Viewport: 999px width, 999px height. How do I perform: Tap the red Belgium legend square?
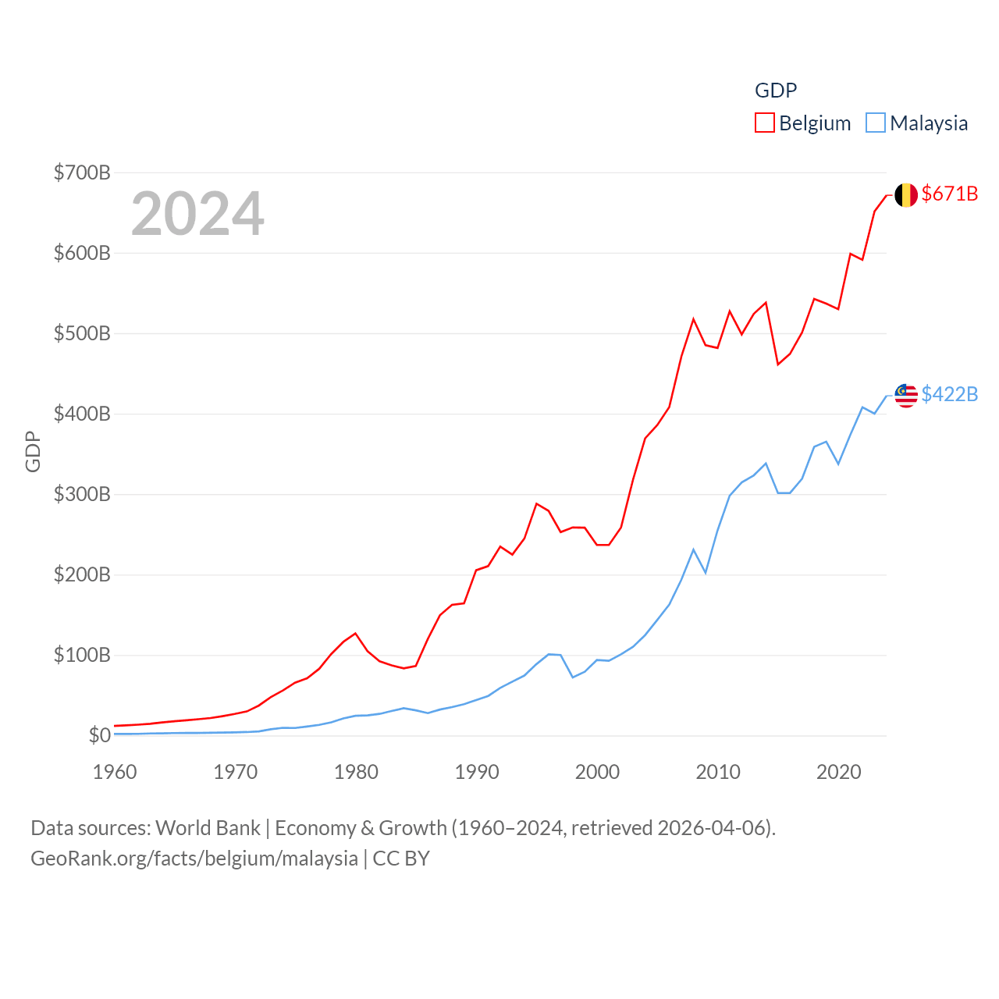click(x=765, y=123)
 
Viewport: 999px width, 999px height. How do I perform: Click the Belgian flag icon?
click(x=905, y=195)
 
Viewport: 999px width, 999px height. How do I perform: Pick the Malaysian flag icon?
click(x=905, y=396)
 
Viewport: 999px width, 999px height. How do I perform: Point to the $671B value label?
click(x=949, y=194)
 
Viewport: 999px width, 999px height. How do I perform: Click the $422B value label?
click(x=949, y=394)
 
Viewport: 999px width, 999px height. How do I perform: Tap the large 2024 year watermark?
click(x=197, y=214)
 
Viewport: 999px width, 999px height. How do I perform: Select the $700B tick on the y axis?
click(x=82, y=172)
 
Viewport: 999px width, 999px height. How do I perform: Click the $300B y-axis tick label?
click(x=82, y=494)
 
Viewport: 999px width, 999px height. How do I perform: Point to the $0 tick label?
click(x=99, y=735)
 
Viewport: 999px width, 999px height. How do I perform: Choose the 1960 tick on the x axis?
click(x=115, y=772)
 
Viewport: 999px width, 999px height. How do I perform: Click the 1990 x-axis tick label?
click(x=477, y=772)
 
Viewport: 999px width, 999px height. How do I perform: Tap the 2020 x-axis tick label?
click(x=838, y=772)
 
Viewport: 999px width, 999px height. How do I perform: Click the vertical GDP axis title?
click(x=33, y=451)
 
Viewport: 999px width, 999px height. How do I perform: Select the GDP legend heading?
click(x=776, y=91)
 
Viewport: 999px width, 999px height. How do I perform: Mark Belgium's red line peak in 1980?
click(x=355, y=633)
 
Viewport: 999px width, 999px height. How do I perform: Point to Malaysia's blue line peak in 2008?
click(x=693, y=549)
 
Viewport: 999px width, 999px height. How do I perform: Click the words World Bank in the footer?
click(x=208, y=827)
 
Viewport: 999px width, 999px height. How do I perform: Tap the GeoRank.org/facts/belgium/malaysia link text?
click(x=194, y=859)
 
